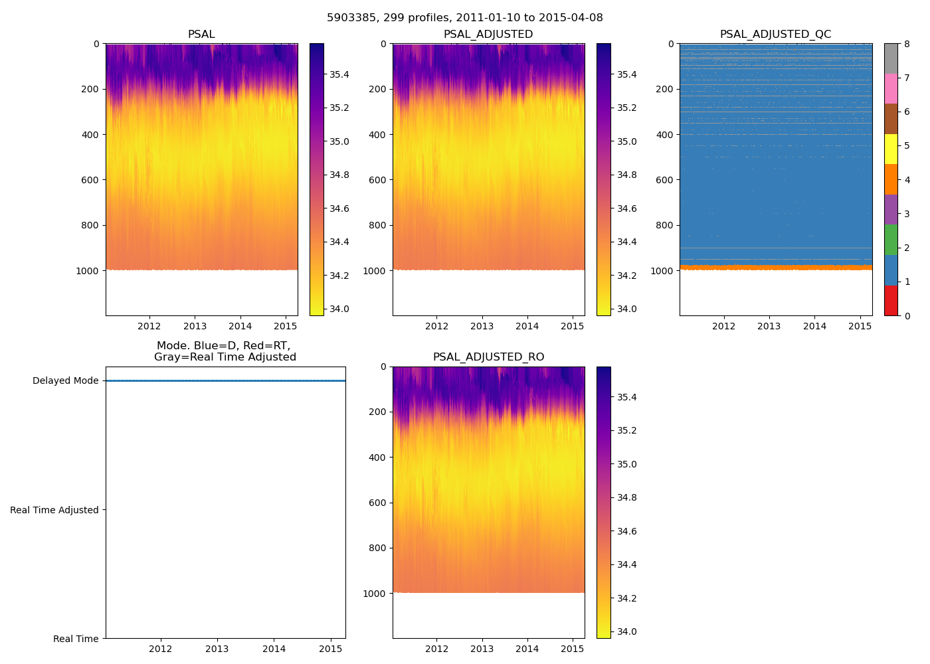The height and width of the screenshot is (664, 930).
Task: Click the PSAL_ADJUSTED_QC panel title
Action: [775, 35]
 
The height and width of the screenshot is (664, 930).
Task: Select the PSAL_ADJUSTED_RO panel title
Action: [488, 357]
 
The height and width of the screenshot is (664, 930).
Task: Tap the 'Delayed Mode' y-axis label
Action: [65, 381]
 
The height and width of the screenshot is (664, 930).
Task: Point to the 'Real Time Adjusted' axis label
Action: [54, 510]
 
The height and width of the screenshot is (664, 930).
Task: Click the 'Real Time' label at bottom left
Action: [76, 639]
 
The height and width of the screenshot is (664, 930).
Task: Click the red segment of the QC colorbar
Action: [891, 301]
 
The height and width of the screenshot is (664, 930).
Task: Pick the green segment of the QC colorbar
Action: [891, 240]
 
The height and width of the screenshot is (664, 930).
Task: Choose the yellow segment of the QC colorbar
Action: [891, 149]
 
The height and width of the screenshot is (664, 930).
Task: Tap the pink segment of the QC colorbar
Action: [891, 89]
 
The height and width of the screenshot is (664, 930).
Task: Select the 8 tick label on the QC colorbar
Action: [906, 44]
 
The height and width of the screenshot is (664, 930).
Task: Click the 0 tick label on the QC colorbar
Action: [906, 316]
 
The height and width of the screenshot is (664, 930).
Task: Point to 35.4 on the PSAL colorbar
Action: [339, 74]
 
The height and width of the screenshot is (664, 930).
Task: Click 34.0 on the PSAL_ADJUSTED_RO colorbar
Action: [626, 631]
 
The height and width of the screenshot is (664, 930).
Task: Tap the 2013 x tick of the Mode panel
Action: [217, 649]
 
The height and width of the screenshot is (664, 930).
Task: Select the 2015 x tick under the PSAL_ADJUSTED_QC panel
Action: [860, 326]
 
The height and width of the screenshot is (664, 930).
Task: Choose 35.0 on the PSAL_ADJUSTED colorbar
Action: [626, 141]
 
